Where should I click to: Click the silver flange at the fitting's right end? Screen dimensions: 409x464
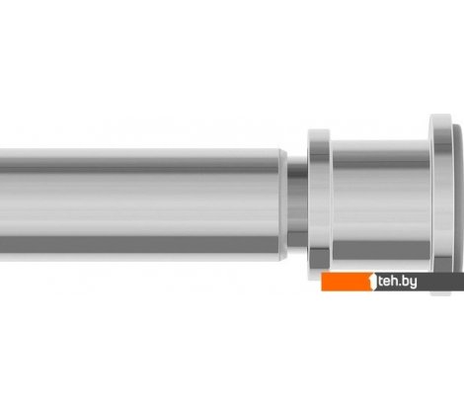click(439, 198)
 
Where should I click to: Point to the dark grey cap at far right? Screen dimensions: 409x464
click(457, 198)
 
